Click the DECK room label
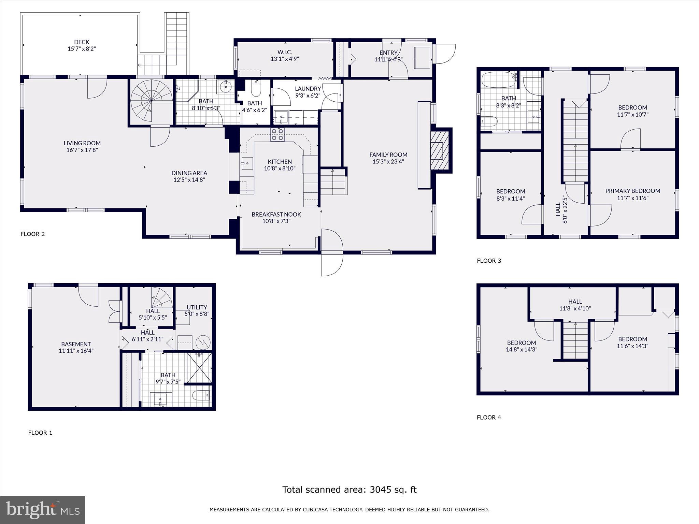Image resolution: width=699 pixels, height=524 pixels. click(x=82, y=42)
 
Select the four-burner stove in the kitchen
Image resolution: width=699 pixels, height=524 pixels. click(x=277, y=134)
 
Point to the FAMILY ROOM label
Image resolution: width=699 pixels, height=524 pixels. click(x=388, y=155)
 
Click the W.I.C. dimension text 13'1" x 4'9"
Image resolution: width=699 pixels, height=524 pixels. click(x=285, y=59)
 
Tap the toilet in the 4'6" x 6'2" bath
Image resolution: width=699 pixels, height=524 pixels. click(x=256, y=89)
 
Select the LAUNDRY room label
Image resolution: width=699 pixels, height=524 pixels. click(x=308, y=89)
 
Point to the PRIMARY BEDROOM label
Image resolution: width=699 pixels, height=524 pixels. click(x=632, y=191)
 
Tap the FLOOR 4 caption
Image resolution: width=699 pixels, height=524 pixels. click(x=489, y=417)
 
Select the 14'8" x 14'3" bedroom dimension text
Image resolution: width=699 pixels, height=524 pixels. click(x=521, y=349)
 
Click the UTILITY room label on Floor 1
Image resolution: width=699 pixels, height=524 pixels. click(x=197, y=307)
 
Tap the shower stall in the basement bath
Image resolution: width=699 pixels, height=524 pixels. click(x=199, y=368)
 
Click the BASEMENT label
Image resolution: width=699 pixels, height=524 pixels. click(x=76, y=344)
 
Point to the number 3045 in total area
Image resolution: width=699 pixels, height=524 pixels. click(x=380, y=490)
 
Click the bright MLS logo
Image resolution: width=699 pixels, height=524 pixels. click(x=43, y=510)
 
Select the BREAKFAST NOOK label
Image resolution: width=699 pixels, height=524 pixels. click(x=276, y=214)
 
